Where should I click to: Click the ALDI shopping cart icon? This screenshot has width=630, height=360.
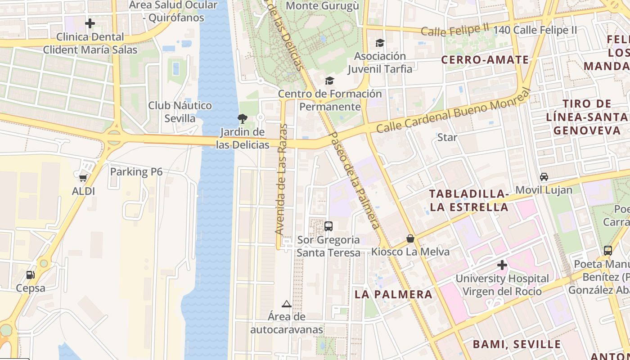[83, 178]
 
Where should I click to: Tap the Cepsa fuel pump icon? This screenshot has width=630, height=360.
[30, 274]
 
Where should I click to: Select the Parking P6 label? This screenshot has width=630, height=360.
[136, 171]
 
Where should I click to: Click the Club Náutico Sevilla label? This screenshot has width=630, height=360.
[180, 112]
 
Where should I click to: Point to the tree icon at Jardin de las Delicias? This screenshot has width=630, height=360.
[242, 119]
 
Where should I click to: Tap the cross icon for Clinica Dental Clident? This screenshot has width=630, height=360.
[90, 23]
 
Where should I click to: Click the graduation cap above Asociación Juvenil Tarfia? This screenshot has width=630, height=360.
[380, 43]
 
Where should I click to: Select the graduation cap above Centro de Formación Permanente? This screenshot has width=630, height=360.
[330, 81]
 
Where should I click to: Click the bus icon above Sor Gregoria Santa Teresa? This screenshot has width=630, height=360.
[328, 226]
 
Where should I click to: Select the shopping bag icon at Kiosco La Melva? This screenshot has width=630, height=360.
[410, 238]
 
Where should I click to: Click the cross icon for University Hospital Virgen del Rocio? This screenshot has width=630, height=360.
[502, 265]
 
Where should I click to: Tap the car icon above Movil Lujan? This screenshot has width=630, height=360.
[544, 176]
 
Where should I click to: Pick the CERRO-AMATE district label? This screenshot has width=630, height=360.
[485, 60]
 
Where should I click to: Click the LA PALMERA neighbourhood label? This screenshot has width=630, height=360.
[393, 294]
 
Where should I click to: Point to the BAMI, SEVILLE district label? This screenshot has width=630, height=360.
[517, 345]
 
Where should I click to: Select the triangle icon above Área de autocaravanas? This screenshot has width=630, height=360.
[287, 304]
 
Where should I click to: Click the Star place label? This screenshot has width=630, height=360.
[447, 137]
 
